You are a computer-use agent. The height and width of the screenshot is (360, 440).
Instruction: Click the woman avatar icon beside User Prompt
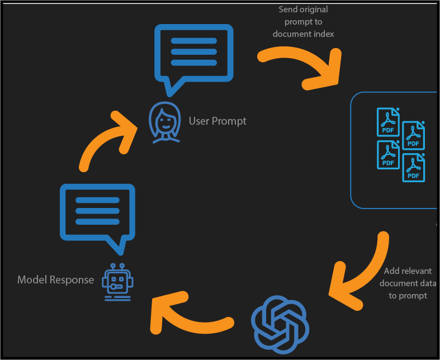click(164, 121)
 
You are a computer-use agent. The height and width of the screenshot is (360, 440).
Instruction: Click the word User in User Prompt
click(199, 121)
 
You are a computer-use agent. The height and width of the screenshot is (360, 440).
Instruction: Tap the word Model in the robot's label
click(31, 280)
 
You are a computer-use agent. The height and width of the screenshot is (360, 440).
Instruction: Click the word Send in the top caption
click(288, 10)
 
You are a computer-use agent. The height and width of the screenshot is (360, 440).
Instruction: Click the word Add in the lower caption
click(392, 271)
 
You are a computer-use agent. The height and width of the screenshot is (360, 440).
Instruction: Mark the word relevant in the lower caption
click(417, 271)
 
